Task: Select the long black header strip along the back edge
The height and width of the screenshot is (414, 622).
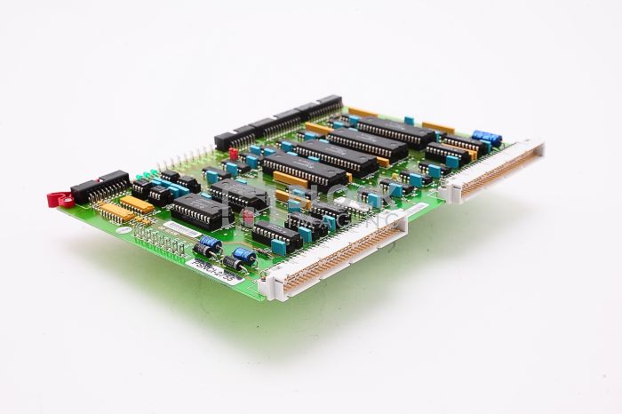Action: (x=280, y=121)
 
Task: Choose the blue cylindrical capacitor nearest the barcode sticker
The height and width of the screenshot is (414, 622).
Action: (x=210, y=243)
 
